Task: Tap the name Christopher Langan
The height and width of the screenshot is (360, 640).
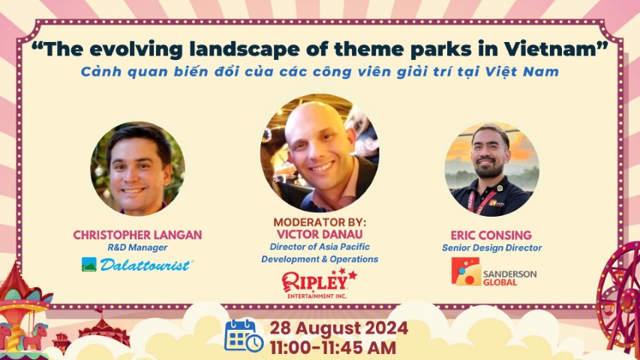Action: click(x=137, y=235)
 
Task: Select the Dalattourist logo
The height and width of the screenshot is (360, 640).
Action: click(x=137, y=265)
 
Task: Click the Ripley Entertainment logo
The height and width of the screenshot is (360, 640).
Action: click(x=319, y=283)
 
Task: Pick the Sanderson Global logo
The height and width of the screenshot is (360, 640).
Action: click(x=494, y=271)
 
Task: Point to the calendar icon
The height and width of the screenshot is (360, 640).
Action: click(x=244, y=335)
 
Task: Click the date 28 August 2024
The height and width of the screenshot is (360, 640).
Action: click(x=339, y=328)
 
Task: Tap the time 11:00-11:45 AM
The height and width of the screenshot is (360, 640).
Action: click(x=333, y=348)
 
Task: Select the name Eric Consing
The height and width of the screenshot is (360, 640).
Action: click(x=491, y=235)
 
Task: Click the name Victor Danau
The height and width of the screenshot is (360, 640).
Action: click(x=320, y=234)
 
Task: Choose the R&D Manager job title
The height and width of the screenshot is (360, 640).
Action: click(x=137, y=247)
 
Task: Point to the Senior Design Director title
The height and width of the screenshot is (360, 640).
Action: click(x=492, y=247)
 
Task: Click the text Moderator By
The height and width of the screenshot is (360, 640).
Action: click(x=320, y=223)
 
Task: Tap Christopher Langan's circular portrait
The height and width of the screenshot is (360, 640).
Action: click(x=137, y=169)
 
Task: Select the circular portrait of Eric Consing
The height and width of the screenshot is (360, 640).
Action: click(x=492, y=169)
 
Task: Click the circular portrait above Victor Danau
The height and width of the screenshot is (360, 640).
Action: click(x=320, y=153)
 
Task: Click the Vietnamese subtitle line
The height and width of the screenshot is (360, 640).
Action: click(x=320, y=72)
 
